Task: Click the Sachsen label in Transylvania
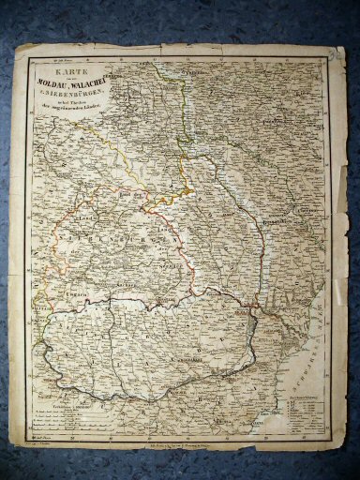click(122, 281)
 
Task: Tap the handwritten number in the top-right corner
click(335, 57)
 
